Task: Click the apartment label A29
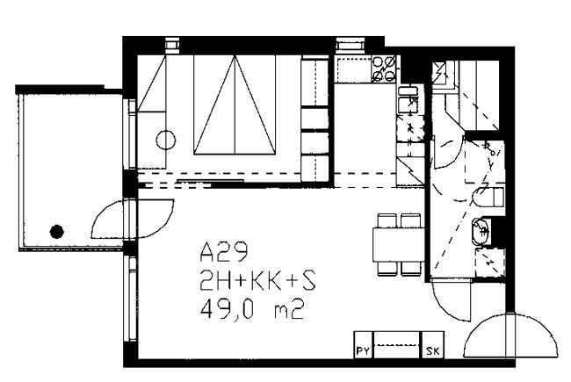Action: tap(224, 252)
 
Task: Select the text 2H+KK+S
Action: tap(257, 281)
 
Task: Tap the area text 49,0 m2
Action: tap(252, 310)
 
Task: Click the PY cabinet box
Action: tap(364, 344)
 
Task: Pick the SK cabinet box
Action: tap(432, 344)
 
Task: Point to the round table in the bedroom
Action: tap(166, 140)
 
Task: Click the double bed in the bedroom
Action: tap(235, 105)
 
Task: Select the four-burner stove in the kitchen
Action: tap(384, 68)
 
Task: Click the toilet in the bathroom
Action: tap(489, 197)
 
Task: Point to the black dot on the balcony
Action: tap(57, 232)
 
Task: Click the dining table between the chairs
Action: tap(399, 244)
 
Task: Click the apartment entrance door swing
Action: tap(510, 336)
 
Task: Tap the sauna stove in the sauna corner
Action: tap(442, 74)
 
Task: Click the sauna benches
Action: tap(479, 96)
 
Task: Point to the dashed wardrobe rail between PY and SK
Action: tap(397, 345)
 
